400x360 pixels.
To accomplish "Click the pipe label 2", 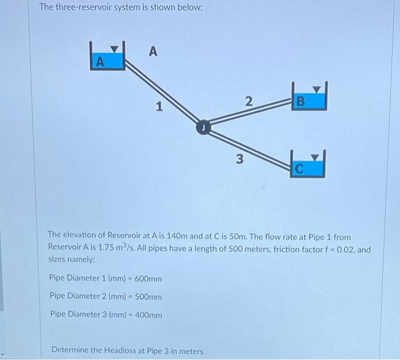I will click(x=248, y=102).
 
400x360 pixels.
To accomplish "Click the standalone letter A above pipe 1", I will click(x=152, y=52).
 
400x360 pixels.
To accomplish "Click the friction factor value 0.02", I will click(x=347, y=247).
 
